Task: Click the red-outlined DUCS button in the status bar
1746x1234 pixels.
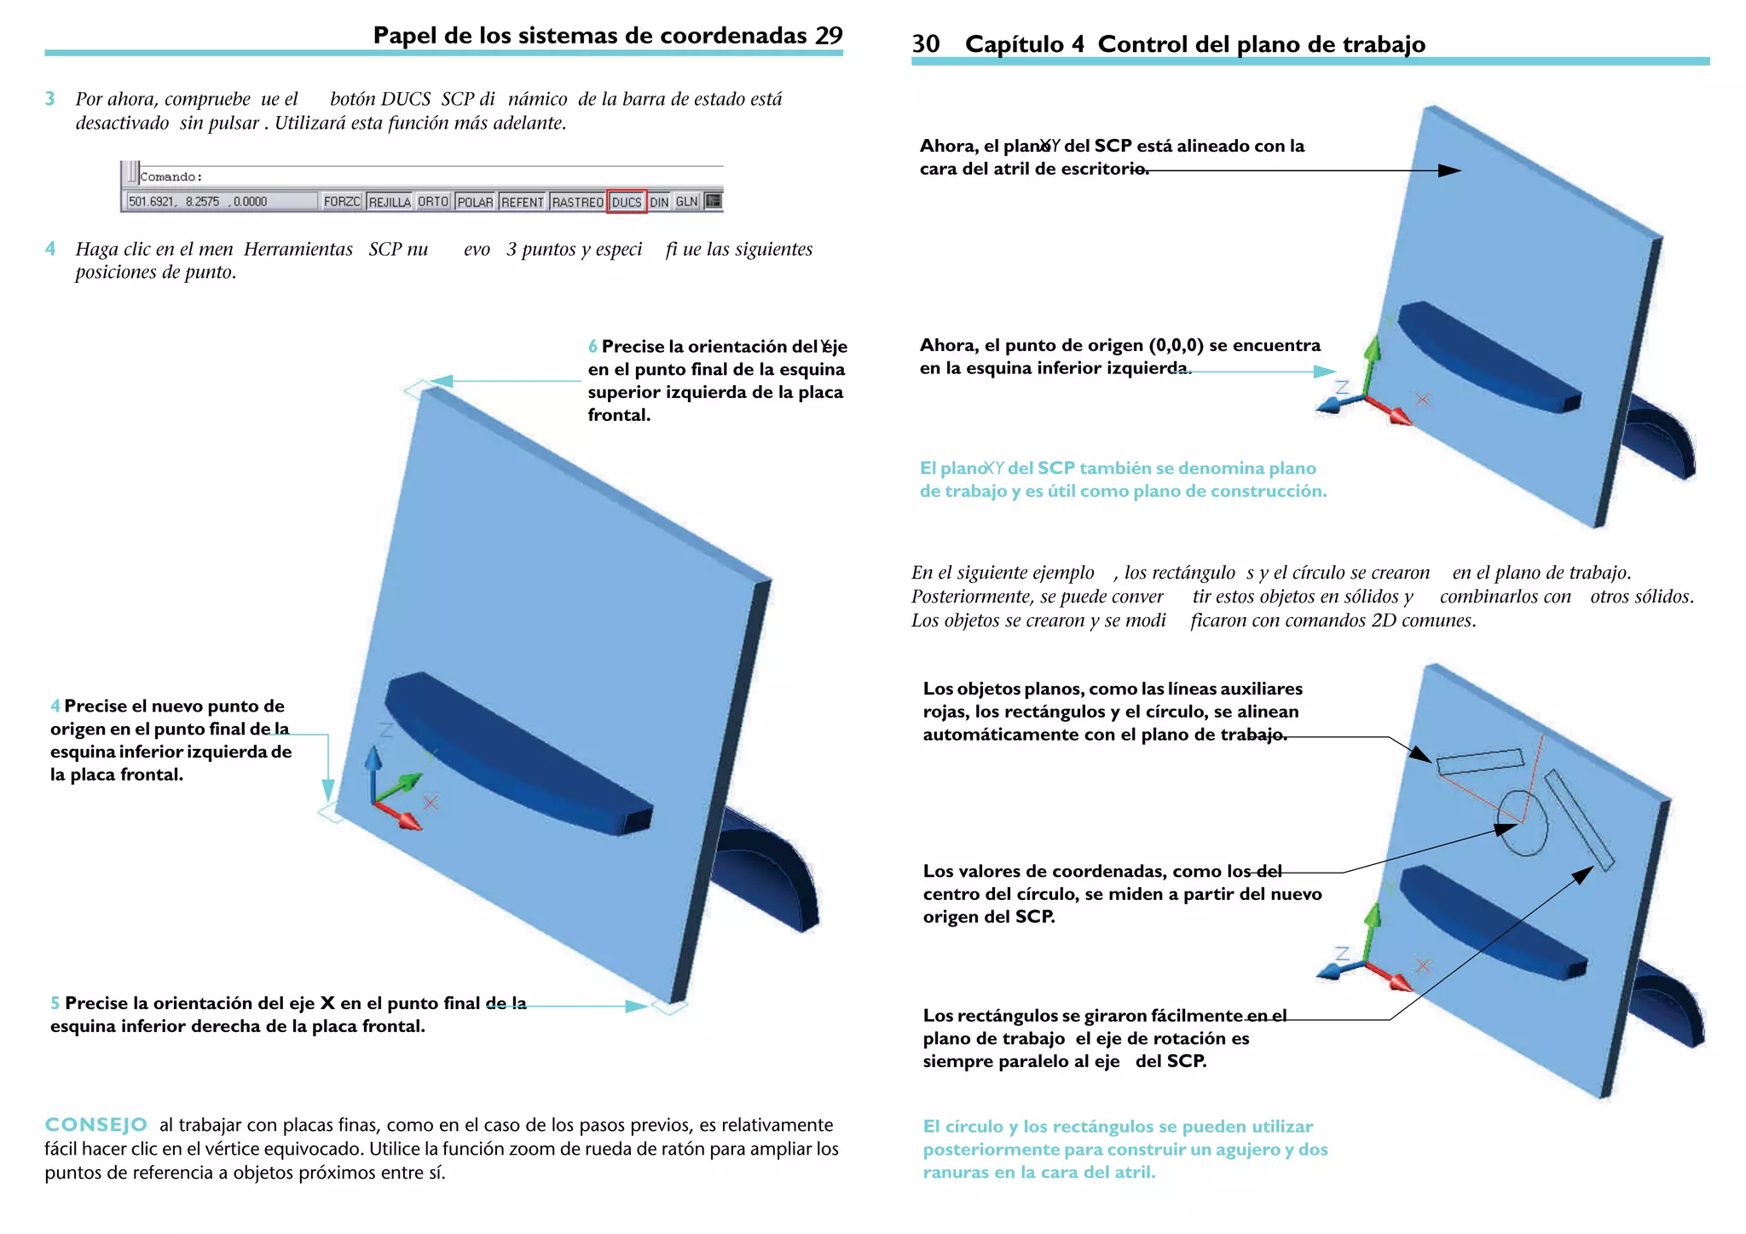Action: pos(627,202)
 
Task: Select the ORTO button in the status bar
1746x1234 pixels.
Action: pos(433,202)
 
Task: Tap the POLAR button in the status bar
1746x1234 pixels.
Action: pos(475,202)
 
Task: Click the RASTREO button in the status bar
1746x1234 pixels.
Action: pos(577,202)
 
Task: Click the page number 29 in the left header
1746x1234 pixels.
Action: pos(829,36)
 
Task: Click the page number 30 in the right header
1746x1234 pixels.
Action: pos(926,44)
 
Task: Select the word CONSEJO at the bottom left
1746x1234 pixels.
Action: pos(95,1125)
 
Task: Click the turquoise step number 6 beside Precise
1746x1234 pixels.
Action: pos(593,347)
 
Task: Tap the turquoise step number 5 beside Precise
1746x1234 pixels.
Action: pos(55,1003)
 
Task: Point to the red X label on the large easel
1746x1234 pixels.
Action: pos(431,803)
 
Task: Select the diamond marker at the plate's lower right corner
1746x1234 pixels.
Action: pos(669,1007)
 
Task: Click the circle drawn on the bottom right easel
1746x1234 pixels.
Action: pos(1523,822)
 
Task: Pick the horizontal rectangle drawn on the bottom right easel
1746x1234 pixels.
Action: pos(1480,762)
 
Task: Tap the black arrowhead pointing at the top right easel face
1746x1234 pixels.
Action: pos(1449,170)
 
